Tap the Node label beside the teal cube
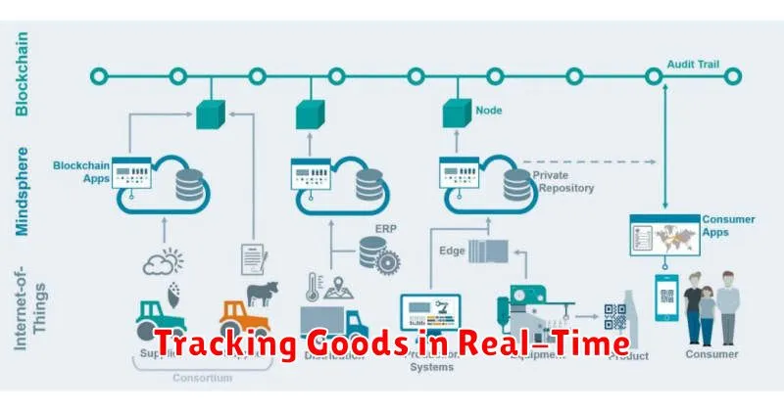point(488,111)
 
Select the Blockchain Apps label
point(81,171)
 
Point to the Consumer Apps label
point(728,226)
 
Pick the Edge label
point(452,252)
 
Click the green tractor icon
point(161,315)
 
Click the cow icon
point(263,292)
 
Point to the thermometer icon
point(316,290)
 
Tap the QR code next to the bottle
point(614,316)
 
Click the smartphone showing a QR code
point(669,298)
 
